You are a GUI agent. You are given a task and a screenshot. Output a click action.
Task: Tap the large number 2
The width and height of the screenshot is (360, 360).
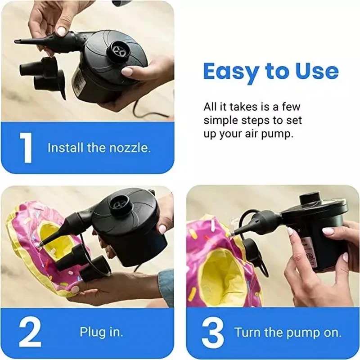tap(28, 333)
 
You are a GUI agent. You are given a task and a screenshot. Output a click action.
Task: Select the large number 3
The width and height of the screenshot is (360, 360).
tap(212, 333)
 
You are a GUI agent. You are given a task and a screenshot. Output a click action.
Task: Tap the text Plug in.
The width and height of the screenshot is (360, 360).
tap(101, 333)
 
